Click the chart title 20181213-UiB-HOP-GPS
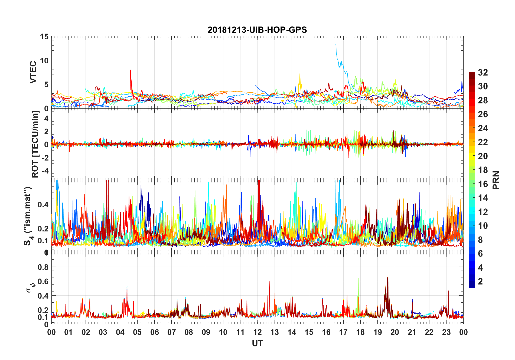(257, 30)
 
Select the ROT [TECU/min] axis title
(35, 144)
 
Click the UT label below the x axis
(257, 343)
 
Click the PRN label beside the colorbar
(496, 180)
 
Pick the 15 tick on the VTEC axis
(44, 37)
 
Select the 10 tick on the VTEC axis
(44, 60)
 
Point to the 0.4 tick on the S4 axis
(43, 204)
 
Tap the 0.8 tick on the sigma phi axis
(43, 267)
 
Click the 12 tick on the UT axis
(257, 332)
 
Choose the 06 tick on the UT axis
(154, 332)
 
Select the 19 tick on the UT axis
(377, 332)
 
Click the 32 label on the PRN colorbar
(483, 72)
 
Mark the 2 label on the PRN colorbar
(480, 281)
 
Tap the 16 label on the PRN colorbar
(483, 184)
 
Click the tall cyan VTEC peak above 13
(336, 44)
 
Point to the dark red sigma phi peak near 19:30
(388, 275)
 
